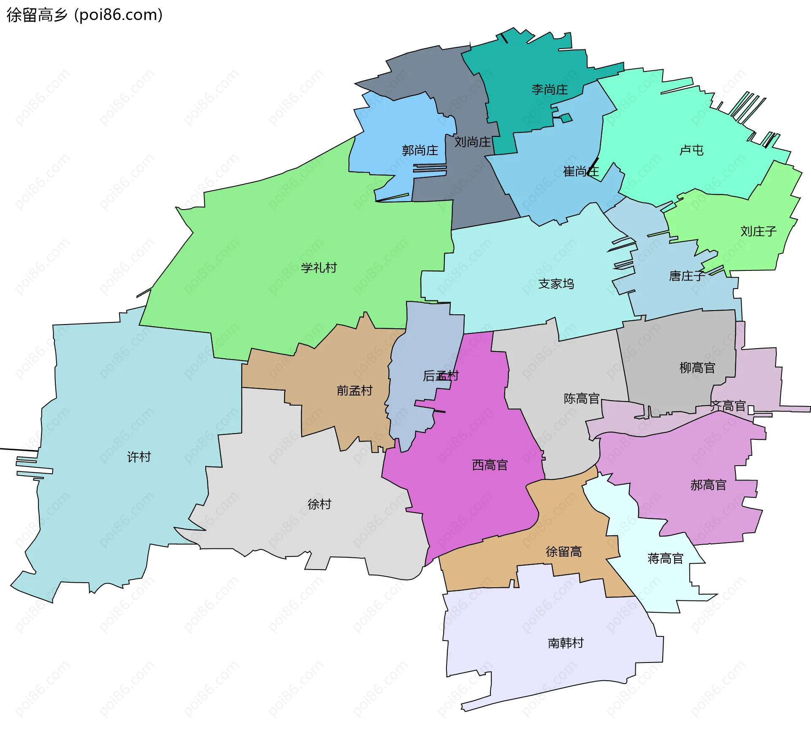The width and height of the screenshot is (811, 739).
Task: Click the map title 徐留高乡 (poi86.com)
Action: pyautogui.click(x=84, y=15)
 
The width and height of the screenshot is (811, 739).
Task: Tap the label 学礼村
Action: pyautogui.click(x=319, y=268)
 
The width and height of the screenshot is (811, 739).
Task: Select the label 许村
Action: pyautogui.click(x=139, y=457)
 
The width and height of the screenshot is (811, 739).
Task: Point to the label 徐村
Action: pyautogui.click(x=319, y=504)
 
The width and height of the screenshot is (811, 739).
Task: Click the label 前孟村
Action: pyautogui.click(x=354, y=390)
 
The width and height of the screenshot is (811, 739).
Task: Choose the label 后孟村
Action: pyautogui.click(x=441, y=376)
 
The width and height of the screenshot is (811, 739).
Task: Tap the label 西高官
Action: pyautogui.click(x=490, y=465)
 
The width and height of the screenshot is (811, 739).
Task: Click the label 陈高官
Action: pyautogui.click(x=582, y=398)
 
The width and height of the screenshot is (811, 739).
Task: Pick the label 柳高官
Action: pyautogui.click(x=697, y=368)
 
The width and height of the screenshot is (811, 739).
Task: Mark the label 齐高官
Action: pyautogui.click(x=728, y=406)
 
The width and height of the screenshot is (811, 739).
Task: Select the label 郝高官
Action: pyautogui.click(x=708, y=485)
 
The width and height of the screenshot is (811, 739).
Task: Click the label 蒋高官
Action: pyautogui.click(x=665, y=559)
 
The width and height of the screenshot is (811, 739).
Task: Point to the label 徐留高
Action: pyautogui.click(x=563, y=551)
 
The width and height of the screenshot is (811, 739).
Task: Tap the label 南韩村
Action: pyautogui.click(x=566, y=643)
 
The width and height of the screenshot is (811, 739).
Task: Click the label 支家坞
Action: pyautogui.click(x=556, y=284)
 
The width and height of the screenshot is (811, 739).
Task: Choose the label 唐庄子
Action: pyautogui.click(x=687, y=276)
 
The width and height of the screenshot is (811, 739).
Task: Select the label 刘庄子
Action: pyautogui.click(x=758, y=232)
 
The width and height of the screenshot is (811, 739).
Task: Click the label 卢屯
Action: pyautogui.click(x=691, y=150)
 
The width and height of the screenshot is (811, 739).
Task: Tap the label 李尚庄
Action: pyautogui.click(x=550, y=90)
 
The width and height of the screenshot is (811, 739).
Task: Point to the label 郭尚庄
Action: pyautogui.click(x=420, y=150)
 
